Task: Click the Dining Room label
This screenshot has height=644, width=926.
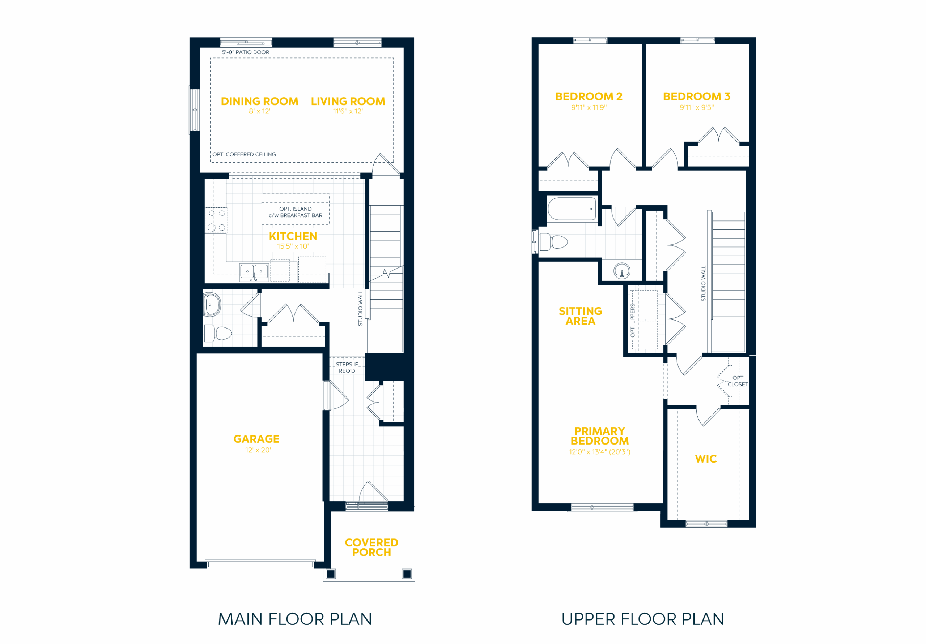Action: (259, 101)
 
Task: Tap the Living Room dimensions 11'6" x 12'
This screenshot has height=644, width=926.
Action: (348, 111)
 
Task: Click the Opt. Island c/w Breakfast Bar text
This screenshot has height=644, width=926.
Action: (296, 212)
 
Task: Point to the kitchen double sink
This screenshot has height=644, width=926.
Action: (254, 272)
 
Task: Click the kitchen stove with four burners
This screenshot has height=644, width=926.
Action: (216, 220)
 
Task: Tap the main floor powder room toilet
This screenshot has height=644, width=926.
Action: (218, 333)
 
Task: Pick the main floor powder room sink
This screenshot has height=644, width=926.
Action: (211, 305)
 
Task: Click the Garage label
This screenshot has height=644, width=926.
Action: (256, 439)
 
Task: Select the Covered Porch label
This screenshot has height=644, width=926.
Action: (371, 547)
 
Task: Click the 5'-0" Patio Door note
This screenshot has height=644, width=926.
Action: (246, 52)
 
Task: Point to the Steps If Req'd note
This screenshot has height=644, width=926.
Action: (347, 368)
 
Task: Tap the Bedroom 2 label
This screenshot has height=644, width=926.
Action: (589, 96)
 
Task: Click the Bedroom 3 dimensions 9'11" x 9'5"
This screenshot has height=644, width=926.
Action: (697, 108)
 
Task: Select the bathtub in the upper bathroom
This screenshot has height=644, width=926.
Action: (572, 209)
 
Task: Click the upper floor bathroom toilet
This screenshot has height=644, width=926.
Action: (553, 242)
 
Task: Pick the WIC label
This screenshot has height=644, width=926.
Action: (706, 459)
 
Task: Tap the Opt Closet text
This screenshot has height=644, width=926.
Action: (738, 381)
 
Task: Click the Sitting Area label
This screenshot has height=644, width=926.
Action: (580, 316)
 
